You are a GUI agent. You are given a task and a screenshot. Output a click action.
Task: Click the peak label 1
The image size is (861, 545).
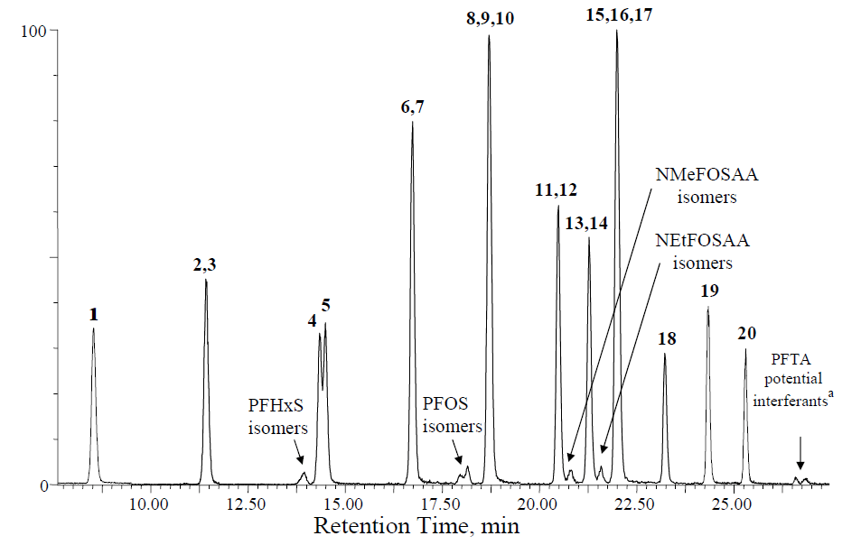pyautogui.click(x=93, y=315)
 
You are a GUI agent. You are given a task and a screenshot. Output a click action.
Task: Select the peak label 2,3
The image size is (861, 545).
pyautogui.click(x=205, y=264)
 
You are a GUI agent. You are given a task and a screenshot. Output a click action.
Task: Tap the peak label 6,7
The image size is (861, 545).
pyautogui.click(x=412, y=107)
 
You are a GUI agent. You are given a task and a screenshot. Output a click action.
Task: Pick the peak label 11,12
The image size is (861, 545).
pyautogui.click(x=557, y=190)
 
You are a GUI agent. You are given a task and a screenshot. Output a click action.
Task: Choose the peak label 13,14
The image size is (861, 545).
pyautogui.click(x=588, y=223)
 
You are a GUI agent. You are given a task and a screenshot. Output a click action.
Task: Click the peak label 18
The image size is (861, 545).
pyautogui.click(x=667, y=339)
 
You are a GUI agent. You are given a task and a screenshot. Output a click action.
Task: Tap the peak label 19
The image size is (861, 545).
pyautogui.click(x=709, y=291)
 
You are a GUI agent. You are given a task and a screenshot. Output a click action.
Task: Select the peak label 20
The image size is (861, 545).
pyautogui.click(x=746, y=334)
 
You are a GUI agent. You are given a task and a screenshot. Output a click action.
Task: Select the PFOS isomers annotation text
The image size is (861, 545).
pyautogui.click(x=453, y=417)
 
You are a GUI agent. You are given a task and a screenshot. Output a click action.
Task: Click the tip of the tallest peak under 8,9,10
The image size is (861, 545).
pyautogui.click(x=489, y=36)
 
